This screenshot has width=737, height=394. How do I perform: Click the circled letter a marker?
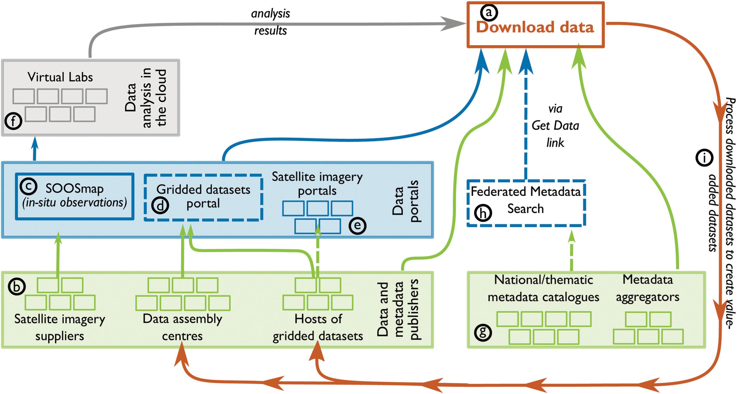click(489, 12)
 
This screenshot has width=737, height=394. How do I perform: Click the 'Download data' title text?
click(535, 27)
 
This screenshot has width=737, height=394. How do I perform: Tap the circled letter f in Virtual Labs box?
click(13, 121)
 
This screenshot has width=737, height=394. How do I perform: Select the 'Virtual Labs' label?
click(60, 77)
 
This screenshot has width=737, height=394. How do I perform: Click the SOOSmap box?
click(75, 196)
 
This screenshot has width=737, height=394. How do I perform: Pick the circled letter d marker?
click(160, 205)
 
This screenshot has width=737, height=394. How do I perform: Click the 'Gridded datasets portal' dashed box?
click(203, 197)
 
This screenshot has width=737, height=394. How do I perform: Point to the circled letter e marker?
click(357, 226)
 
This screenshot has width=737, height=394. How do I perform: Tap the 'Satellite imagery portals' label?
click(317, 184)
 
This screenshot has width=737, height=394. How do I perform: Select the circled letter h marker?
click(483, 213)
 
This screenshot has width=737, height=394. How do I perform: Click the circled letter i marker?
click(704, 158)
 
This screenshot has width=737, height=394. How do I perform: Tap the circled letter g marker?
click(483, 333)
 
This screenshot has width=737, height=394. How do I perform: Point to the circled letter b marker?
click(17, 287)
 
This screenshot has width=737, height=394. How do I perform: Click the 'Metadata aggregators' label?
click(647, 288)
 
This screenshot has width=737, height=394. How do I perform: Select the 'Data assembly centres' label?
click(182, 327)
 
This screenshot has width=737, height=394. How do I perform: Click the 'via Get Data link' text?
click(555, 126)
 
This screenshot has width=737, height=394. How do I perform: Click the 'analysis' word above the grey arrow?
click(270, 14)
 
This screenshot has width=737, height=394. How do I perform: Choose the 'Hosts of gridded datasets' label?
click(317, 327)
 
